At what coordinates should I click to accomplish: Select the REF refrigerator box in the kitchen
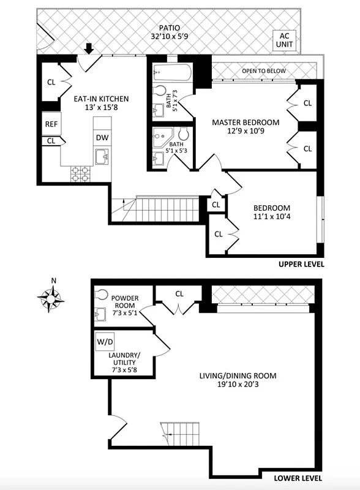[x=50, y=124]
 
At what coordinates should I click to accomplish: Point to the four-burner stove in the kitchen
[x=80, y=174]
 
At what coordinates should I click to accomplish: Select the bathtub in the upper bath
[x=172, y=73]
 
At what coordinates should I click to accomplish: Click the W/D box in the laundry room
[x=105, y=340]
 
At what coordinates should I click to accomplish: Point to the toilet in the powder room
[x=102, y=295]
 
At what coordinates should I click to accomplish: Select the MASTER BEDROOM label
[x=246, y=122]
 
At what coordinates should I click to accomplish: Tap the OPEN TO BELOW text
[x=264, y=71]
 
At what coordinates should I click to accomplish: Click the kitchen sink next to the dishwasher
[x=102, y=157]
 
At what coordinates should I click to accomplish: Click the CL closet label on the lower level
[x=179, y=293]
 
